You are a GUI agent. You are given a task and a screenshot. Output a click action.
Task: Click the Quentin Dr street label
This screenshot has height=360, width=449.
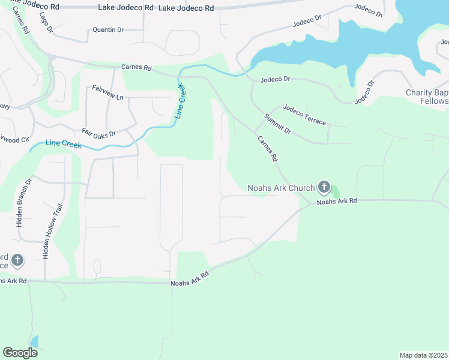coord(108,29)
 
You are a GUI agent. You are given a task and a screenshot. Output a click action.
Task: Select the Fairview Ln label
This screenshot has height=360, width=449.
coord(107,92)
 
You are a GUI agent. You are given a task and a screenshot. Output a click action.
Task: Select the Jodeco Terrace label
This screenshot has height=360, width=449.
coord(304,115)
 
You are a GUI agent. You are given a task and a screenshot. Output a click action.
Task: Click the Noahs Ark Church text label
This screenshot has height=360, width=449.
coord(281,188)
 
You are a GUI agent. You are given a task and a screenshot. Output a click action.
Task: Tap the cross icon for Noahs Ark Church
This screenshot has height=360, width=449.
coord(324,187)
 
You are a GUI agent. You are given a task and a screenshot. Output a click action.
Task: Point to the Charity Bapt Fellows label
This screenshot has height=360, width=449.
coord(427,97)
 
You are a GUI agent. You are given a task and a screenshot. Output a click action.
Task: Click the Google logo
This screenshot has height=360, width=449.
coord(20,352)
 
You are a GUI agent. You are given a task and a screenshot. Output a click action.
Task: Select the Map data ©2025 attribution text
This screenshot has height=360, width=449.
coord(424,355)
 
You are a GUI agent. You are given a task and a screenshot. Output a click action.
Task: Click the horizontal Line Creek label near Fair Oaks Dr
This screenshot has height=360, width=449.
coord(63,145)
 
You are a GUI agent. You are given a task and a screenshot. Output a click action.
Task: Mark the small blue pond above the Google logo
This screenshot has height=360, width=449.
coord(34,342)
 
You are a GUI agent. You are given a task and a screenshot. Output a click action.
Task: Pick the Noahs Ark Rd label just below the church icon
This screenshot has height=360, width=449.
coord(337,202)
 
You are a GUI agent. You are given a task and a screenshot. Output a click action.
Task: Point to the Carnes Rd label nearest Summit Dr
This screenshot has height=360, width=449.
coord(268,148)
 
